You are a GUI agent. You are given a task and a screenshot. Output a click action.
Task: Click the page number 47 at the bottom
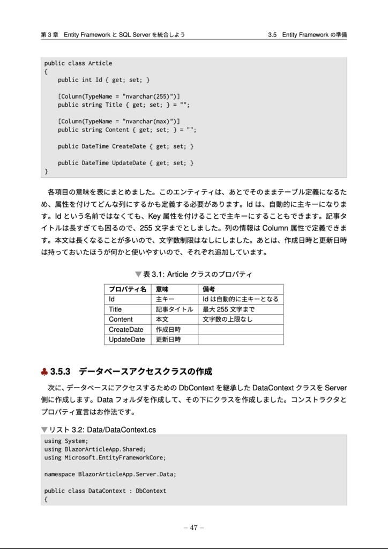(x=193, y=527)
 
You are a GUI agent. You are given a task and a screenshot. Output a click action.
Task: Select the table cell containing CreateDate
(x=126, y=329)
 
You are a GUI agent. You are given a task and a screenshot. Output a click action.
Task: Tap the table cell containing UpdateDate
(x=127, y=339)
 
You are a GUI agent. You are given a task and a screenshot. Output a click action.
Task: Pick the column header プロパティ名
(x=127, y=289)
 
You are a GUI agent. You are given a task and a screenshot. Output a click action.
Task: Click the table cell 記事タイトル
(x=174, y=309)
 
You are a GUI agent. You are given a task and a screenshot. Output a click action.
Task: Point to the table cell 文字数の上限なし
(x=227, y=320)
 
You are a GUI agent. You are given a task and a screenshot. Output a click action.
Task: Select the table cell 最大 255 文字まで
(x=228, y=309)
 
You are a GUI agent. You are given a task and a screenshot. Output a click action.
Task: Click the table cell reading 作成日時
(x=168, y=329)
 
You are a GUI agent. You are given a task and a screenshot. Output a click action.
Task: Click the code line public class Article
(x=78, y=63)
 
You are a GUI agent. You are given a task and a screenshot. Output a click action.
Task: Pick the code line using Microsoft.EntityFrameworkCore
(x=105, y=457)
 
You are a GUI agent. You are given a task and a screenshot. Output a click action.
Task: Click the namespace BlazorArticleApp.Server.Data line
(x=110, y=474)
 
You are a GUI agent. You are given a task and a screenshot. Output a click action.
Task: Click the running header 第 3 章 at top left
(x=49, y=35)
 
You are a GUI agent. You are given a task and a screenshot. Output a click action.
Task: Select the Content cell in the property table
(x=121, y=320)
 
